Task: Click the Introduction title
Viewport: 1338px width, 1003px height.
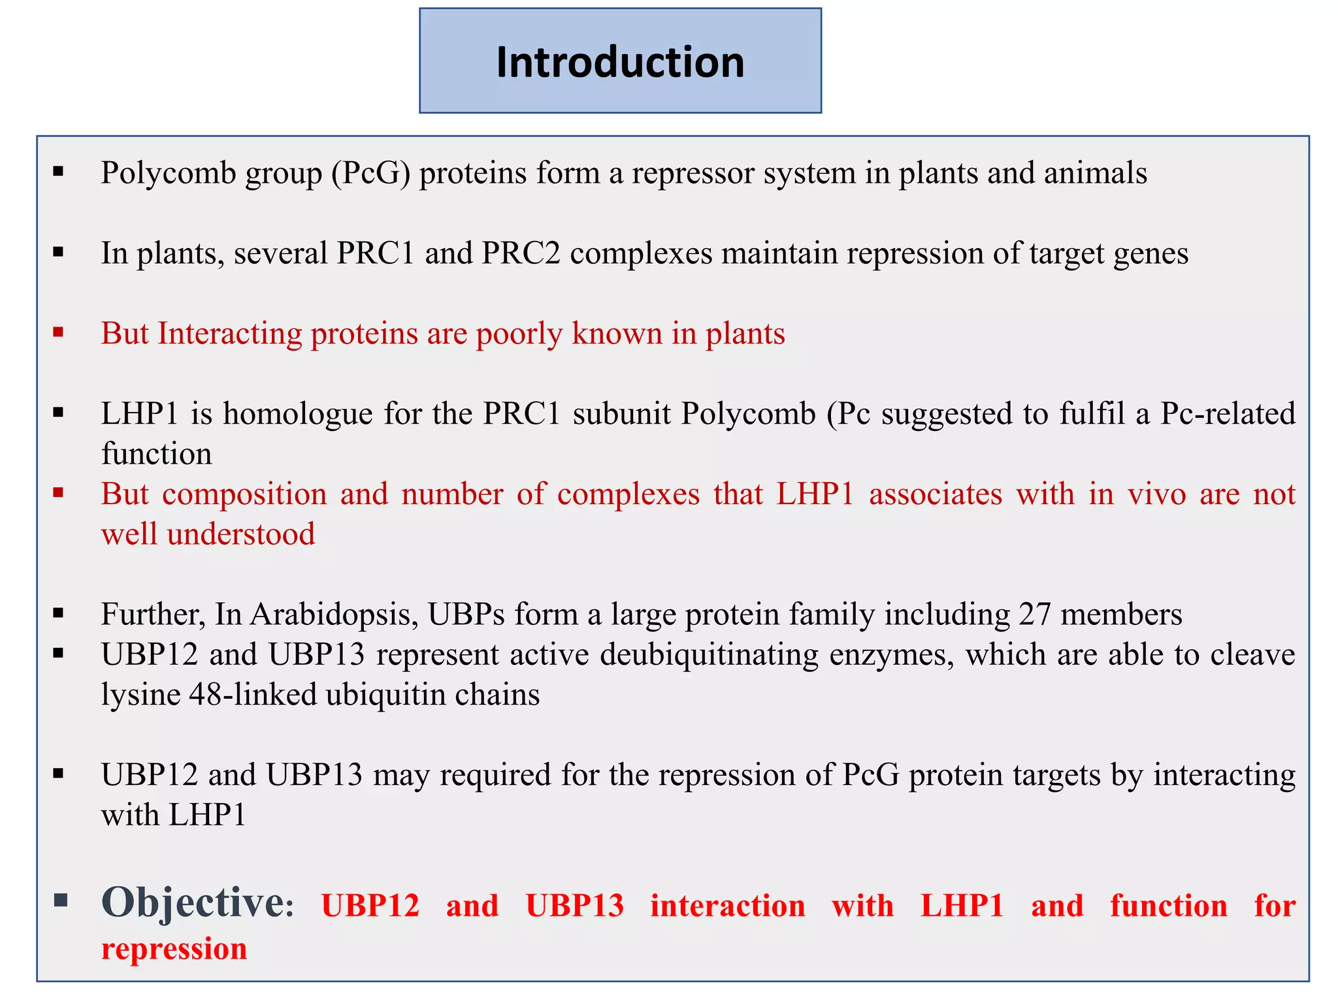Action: (620, 62)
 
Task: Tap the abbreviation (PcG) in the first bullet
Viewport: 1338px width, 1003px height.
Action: (370, 174)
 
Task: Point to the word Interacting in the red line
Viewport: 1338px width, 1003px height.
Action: (229, 334)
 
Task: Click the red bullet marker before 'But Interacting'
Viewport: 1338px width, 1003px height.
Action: (59, 333)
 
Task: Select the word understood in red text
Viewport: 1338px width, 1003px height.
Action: (240, 534)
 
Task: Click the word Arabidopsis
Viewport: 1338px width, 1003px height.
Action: (334, 614)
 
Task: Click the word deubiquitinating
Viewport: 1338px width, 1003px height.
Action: (709, 655)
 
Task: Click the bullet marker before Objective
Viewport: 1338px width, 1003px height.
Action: (61, 901)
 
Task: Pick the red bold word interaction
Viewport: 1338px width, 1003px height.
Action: (727, 906)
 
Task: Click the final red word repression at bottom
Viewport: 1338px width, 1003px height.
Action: (174, 949)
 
